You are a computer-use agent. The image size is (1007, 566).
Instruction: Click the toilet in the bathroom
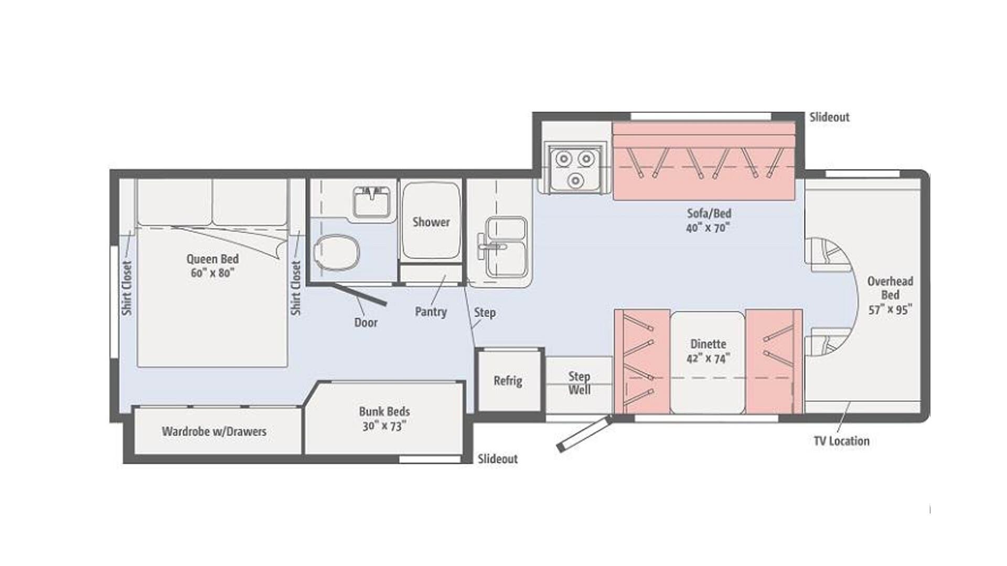[337, 252]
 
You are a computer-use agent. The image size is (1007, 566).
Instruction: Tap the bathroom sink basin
[371, 201]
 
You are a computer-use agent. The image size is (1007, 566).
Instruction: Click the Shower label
[431, 222]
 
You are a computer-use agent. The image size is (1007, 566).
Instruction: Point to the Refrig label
[508, 381]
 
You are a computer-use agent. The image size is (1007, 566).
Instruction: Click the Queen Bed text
[212, 259]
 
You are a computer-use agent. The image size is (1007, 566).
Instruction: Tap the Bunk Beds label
[384, 411]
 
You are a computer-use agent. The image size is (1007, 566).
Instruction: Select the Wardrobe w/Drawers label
[214, 431]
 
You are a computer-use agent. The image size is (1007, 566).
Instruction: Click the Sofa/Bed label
[709, 213]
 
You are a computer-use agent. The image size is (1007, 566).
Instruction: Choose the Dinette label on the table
[708, 344]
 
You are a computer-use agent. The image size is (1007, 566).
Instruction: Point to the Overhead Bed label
[890, 288]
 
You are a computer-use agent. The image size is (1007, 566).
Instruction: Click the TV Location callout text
[841, 441]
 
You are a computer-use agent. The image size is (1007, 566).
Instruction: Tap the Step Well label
[580, 383]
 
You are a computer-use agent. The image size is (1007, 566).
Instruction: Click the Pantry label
[431, 312]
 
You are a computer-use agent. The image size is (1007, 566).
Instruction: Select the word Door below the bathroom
[366, 322]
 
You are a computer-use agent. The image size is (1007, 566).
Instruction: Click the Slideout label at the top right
[829, 117]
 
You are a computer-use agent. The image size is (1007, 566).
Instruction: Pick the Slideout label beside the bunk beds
[497, 459]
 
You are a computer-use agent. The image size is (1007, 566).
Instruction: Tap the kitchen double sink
[506, 247]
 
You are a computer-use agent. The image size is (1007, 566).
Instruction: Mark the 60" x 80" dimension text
[212, 273]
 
